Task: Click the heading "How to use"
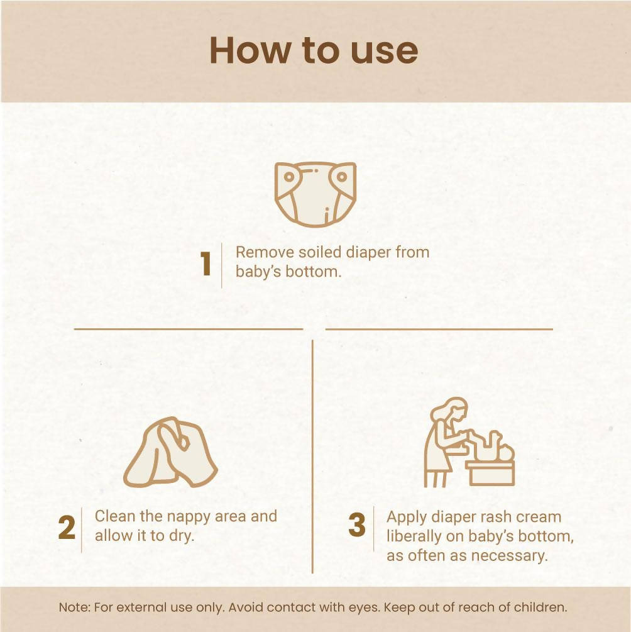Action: pyautogui.click(x=314, y=50)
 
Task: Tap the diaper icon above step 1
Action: pyautogui.click(x=315, y=192)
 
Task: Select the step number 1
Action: pyautogui.click(x=206, y=265)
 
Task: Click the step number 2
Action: pyautogui.click(x=67, y=529)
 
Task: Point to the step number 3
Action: pyautogui.click(x=357, y=526)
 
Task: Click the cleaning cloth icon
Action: pyautogui.click(x=170, y=452)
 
